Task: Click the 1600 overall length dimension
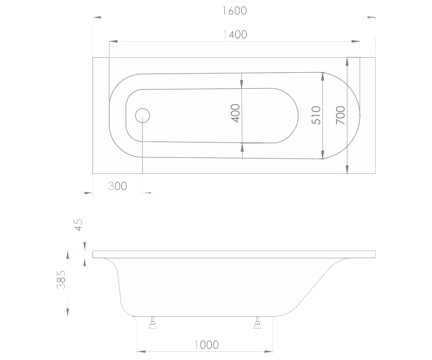(x=234, y=11)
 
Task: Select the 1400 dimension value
(x=235, y=35)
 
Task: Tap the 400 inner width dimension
(x=235, y=113)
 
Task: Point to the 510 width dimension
(x=316, y=115)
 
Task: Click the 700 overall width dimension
(x=340, y=115)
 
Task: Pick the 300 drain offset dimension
(x=117, y=186)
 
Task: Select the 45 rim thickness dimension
(x=79, y=225)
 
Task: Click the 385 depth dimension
(x=61, y=280)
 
